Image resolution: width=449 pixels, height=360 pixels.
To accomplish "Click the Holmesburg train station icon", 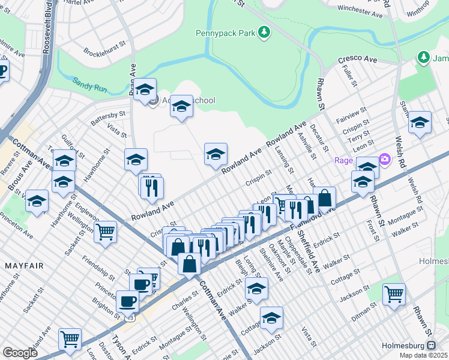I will (x=431, y=346).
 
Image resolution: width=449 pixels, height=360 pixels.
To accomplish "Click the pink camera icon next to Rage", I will (x=384, y=160).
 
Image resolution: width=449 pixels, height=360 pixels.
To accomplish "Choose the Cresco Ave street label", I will (x=357, y=60).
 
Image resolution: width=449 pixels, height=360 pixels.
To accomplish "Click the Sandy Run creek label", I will (x=90, y=85).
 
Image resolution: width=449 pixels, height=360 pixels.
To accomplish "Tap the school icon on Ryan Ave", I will (x=145, y=90).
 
